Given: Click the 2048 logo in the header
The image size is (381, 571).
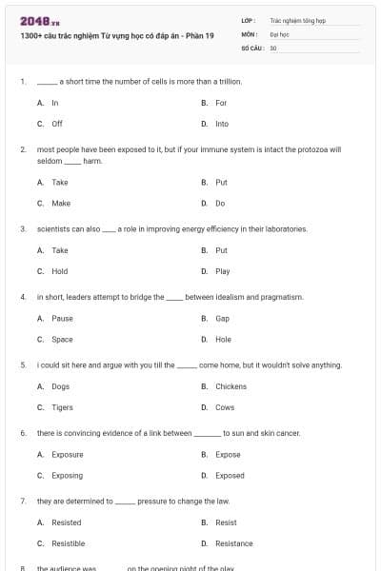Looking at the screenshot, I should click(34, 20).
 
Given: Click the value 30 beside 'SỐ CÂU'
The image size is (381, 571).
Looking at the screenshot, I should click(273, 48).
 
